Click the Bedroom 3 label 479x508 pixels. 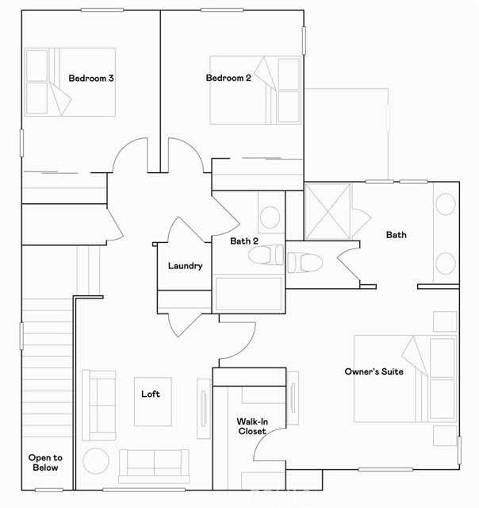(x=91, y=78)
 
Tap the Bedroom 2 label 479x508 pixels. (x=228, y=78)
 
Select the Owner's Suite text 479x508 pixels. (x=374, y=371)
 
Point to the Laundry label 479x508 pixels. (x=185, y=267)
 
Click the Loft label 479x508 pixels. (x=151, y=394)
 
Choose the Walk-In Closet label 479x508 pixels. (x=251, y=426)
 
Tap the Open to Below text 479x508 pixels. (x=45, y=463)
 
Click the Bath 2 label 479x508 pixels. (x=245, y=241)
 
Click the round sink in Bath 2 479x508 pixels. (x=270, y=216)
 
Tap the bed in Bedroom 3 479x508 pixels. (x=60, y=82)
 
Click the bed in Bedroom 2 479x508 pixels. (x=255, y=90)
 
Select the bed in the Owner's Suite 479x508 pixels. (x=404, y=379)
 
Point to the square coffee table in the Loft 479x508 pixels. (x=152, y=401)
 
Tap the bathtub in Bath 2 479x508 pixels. (x=249, y=293)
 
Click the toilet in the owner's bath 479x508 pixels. (x=305, y=261)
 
